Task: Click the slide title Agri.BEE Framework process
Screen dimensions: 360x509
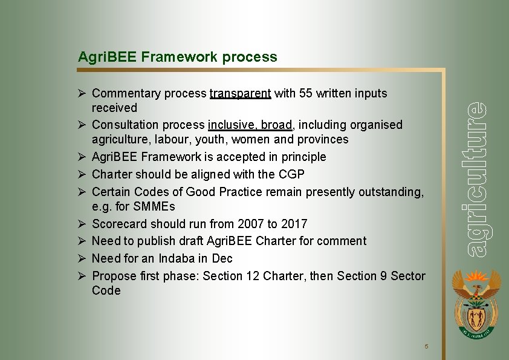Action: click(x=177, y=57)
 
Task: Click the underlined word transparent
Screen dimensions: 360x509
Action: click(x=240, y=94)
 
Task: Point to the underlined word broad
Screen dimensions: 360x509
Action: click(x=277, y=125)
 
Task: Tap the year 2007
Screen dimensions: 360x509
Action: click(x=251, y=224)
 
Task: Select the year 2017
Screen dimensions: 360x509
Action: click(x=294, y=224)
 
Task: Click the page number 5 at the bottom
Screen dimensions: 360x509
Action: click(x=426, y=347)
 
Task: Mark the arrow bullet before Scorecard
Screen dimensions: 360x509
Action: click(x=82, y=224)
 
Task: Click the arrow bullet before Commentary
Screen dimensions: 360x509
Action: click(x=82, y=94)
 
